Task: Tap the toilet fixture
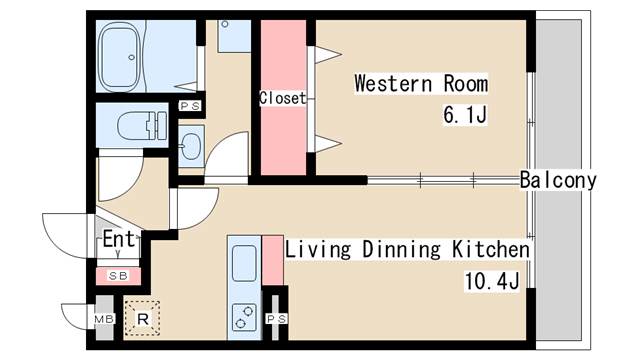[142, 125]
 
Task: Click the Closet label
[282, 98]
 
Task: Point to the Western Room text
[421, 84]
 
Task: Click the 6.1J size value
[465, 115]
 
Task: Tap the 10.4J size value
[492, 281]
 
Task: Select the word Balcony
[558, 180]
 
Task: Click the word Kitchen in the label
[491, 249]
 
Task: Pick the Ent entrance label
[118, 239]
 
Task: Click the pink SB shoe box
[118, 276]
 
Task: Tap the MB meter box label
[104, 318]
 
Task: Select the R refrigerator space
[142, 318]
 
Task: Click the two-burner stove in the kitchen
[244, 317]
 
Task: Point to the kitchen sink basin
[244, 264]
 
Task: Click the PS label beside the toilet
[190, 106]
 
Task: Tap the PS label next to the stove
[276, 319]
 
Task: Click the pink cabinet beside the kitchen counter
[273, 260]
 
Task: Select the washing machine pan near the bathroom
[234, 36]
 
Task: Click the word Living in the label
[318, 249]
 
